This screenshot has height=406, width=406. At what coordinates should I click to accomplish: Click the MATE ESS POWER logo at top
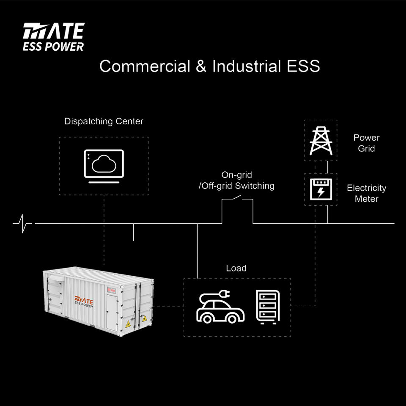[x=54, y=37]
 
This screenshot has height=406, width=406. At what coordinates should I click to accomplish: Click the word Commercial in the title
[x=145, y=66]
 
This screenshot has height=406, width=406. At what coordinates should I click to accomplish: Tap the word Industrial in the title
[x=247, y=66]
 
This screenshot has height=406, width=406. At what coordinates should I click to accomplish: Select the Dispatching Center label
[x=104, y=121]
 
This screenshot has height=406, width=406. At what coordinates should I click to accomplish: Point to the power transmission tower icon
[x=321, y=141]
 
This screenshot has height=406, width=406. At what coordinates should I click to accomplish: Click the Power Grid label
[x=366, y=143]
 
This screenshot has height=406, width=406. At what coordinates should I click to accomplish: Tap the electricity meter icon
[x=321, y=189]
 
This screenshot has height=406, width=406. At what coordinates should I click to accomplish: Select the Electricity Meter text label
[x=366, y=193]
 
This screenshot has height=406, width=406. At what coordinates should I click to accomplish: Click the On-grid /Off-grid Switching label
[x=236, y=180]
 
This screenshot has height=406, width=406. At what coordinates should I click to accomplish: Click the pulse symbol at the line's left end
[x=22, y=223]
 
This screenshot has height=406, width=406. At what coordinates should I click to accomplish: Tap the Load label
[x=236, y=268]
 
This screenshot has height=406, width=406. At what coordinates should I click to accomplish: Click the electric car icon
[x=220, y=307]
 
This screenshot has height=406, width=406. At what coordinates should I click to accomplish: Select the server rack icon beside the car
[x=268, y=307]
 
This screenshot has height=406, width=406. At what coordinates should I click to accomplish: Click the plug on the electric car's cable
[x=224, y=294]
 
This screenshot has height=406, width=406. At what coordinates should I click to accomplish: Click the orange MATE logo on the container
[x=84, y=302]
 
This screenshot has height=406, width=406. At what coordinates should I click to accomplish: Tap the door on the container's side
[x=112, y=312]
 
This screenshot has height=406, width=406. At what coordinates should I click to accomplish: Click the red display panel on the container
[x=112, y=290]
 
